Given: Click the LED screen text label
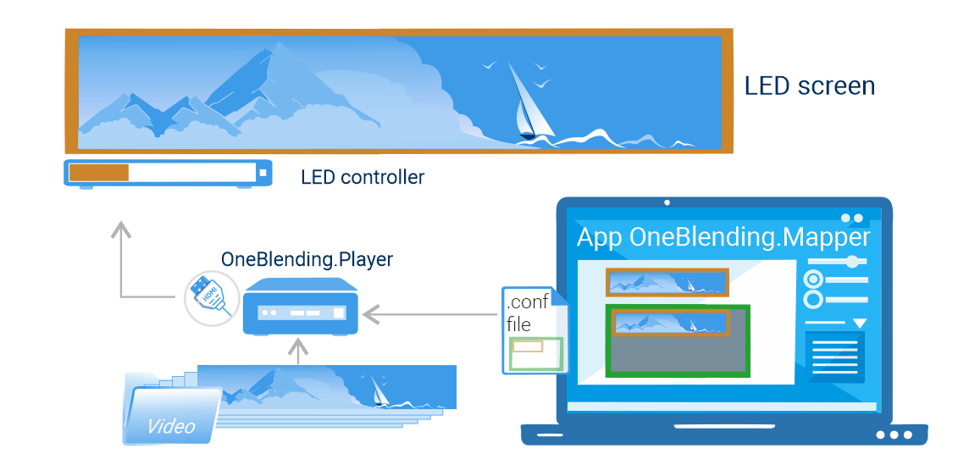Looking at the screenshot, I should (809, 86).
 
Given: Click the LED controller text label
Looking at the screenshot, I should (363, 177).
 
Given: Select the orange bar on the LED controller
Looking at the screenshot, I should (98, 173).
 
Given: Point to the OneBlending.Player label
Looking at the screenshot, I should (307, 259).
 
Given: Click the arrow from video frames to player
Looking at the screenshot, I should (298, 351).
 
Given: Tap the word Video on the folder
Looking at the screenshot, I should (171, 426).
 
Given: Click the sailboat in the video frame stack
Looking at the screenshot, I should (379, 389).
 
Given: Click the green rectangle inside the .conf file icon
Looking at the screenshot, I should (536, 354).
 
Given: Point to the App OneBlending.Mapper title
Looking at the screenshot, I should (723, 237).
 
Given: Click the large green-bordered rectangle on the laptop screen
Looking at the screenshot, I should (678, 340).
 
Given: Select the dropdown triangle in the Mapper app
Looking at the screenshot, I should (860, 324).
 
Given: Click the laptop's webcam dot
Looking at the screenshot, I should (667, 202).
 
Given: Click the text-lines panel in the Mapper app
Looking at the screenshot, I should (834, 357).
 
